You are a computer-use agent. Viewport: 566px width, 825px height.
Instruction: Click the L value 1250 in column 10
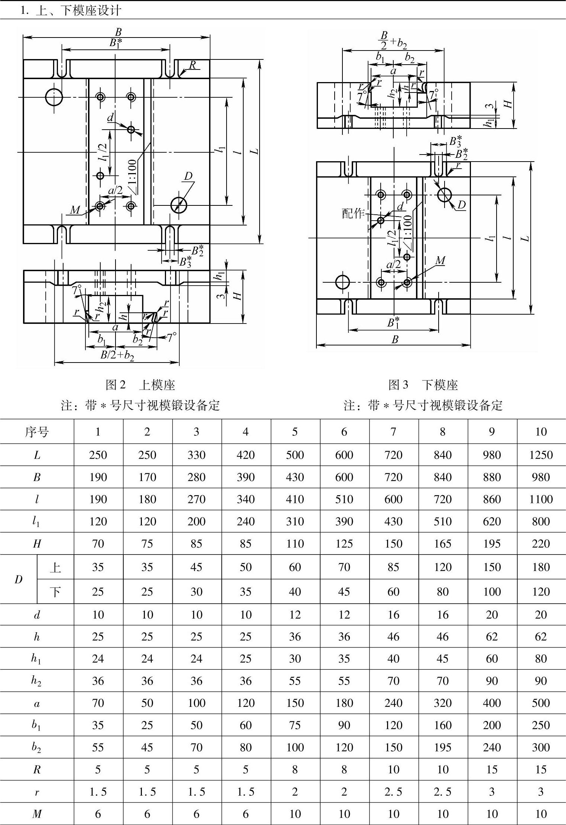541,455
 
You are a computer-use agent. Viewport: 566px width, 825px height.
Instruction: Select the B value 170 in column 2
147,477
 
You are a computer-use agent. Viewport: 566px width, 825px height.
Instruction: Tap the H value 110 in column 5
295,543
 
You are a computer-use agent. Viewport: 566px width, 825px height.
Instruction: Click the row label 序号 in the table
37,432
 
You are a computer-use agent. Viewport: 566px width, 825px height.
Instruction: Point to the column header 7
393,432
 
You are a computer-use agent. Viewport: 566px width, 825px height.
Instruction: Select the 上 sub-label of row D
55,567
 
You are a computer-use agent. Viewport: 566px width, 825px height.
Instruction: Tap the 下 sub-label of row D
55,591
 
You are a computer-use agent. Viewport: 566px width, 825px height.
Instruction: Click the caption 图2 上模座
140,385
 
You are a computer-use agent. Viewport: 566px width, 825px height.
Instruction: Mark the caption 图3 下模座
423,385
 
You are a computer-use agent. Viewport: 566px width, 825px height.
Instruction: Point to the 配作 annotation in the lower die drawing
353,213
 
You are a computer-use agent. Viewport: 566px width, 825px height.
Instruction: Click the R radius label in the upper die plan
192,65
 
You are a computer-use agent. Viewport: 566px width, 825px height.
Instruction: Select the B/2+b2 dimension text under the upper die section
117,355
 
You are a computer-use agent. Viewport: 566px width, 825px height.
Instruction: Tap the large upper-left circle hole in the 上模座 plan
54,97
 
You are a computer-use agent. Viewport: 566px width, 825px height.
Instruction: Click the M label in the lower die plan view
440,261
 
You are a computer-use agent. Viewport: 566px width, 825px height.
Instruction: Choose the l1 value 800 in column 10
541,521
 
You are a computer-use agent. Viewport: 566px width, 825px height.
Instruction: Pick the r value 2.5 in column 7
393,792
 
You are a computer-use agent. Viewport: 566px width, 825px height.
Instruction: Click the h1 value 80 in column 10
541,658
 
